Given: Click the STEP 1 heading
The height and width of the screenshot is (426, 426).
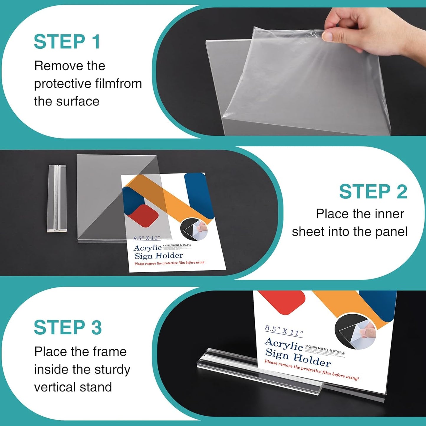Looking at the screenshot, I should pos(67,42).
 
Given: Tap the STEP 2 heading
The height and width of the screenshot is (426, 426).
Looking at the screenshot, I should pos(373,192).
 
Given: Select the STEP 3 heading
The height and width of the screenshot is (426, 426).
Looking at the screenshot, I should pos(68,328).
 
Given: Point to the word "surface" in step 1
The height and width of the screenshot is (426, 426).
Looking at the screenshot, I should pos(78,101).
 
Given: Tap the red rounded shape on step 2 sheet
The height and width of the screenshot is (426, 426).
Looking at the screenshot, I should pos(144,216).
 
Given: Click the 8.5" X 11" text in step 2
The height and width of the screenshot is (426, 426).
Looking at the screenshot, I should pos(147,238).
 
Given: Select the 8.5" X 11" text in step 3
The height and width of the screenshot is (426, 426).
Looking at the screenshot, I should pos(284,331).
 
